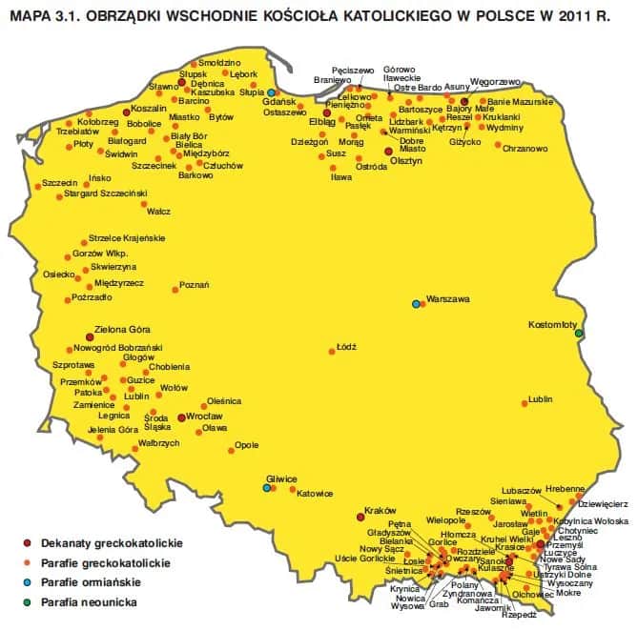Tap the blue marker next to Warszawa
coord(416,304)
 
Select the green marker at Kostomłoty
coord(578,333)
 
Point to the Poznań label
coord(195,284)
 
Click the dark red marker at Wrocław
coord(181,417)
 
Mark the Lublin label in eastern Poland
coord(540,398)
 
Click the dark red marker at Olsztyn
coord(387,151)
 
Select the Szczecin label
coord(32,181)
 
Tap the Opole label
coord(247,444)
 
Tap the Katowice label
coord(314,493)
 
